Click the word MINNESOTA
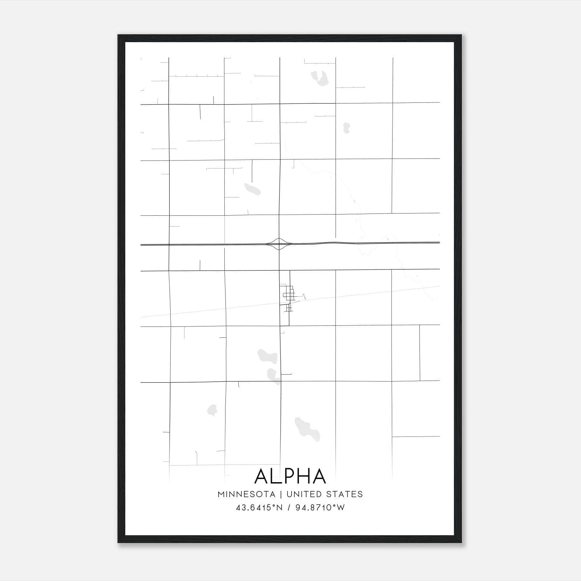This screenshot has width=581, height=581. [246, 494]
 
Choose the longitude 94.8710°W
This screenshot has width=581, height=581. [320, 508]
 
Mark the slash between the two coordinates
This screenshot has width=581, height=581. [289, 508]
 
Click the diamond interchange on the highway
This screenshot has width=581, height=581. [279, 244]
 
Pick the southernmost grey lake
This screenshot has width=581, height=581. [307, 429]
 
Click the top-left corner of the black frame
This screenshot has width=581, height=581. [118, 35]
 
